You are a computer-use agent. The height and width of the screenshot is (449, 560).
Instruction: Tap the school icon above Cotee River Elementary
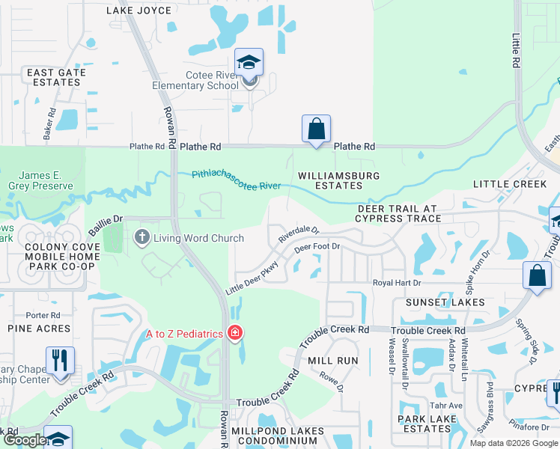click(x=249, y=62)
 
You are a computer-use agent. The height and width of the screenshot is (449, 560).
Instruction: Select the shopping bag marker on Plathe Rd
click(x=316, y=128)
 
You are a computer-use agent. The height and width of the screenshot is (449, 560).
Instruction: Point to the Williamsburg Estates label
click(x=338, y=180)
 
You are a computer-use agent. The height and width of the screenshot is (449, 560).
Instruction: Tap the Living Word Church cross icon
click(x=141, y=238)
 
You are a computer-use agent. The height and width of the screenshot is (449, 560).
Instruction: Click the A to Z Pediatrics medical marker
click(x=235, y=333)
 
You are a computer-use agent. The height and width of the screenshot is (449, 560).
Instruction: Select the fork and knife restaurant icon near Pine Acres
click(x=60, y=360)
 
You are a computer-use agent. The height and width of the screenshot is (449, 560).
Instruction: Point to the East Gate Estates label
click(x=55, y=78)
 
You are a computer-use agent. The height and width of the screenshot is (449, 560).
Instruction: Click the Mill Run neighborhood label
click(x=332, y=361)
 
